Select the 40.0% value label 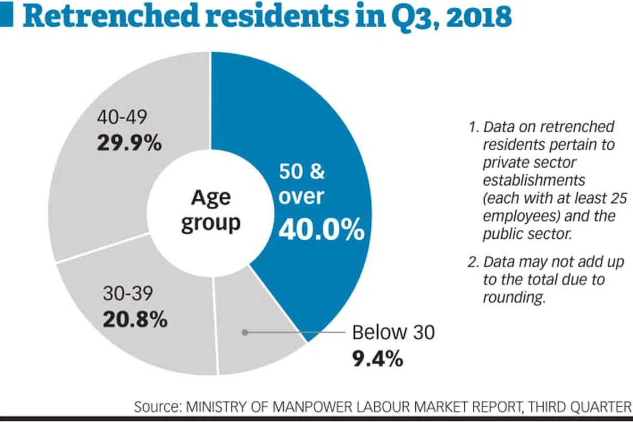[x=321, y=230]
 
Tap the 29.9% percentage [x=129, y=143]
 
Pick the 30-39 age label [x=127, y=294]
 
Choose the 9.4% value [x=377, y=359]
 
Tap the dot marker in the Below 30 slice [x=244, y=332]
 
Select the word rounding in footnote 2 [x=513, y=297]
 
